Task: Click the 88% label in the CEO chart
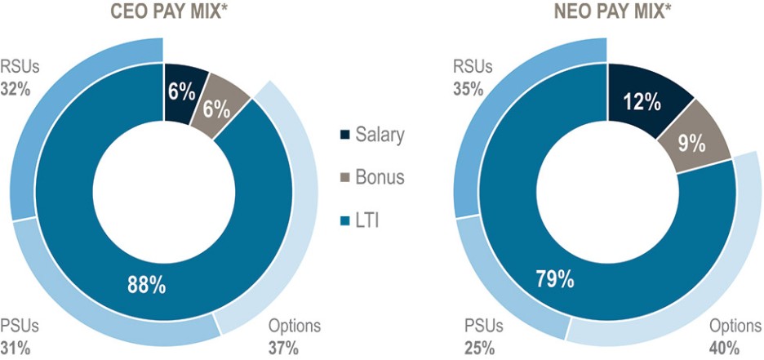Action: pos(147,285)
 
